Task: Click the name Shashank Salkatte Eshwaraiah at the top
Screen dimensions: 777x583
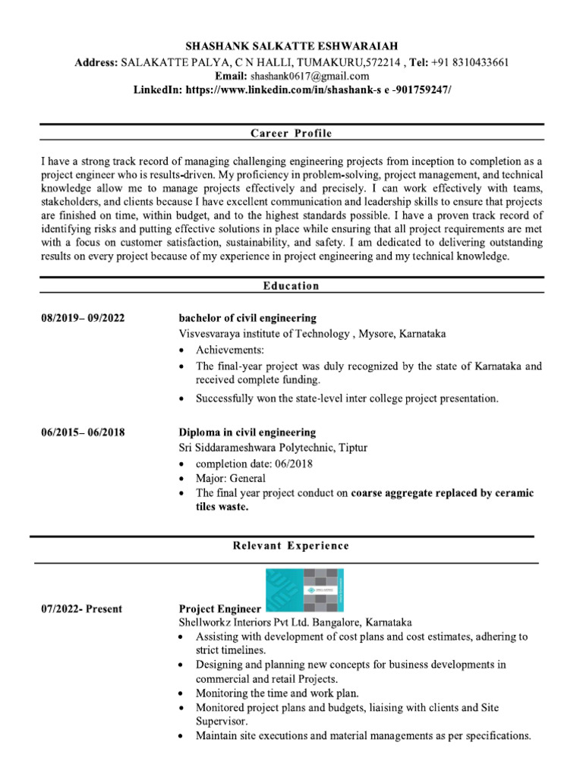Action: tap(291, 47)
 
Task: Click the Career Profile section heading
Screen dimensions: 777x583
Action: tap(291, 134)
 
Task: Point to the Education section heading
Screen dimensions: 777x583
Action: tap(291, 286)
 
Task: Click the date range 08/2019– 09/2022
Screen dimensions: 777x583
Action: tap(83, 318)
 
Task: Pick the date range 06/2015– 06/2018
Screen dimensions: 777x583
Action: tap(83, 433)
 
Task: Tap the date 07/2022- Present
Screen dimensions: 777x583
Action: tap(81, 609)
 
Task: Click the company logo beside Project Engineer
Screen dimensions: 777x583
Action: tap(304, 590)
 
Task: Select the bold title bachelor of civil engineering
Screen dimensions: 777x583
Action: tap(247, 318)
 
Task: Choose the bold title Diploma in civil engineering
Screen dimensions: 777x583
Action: tap(247, 433)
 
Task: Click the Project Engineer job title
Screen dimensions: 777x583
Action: tap(219, 609)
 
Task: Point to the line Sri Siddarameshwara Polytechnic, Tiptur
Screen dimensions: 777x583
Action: tap(273, 448)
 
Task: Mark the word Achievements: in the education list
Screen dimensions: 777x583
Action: tap(230, 350)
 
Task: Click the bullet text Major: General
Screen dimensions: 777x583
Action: tap(231, 478)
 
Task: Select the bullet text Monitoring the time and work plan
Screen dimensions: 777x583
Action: tap(277, 693)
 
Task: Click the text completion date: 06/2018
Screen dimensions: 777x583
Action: tap(254, 464)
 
